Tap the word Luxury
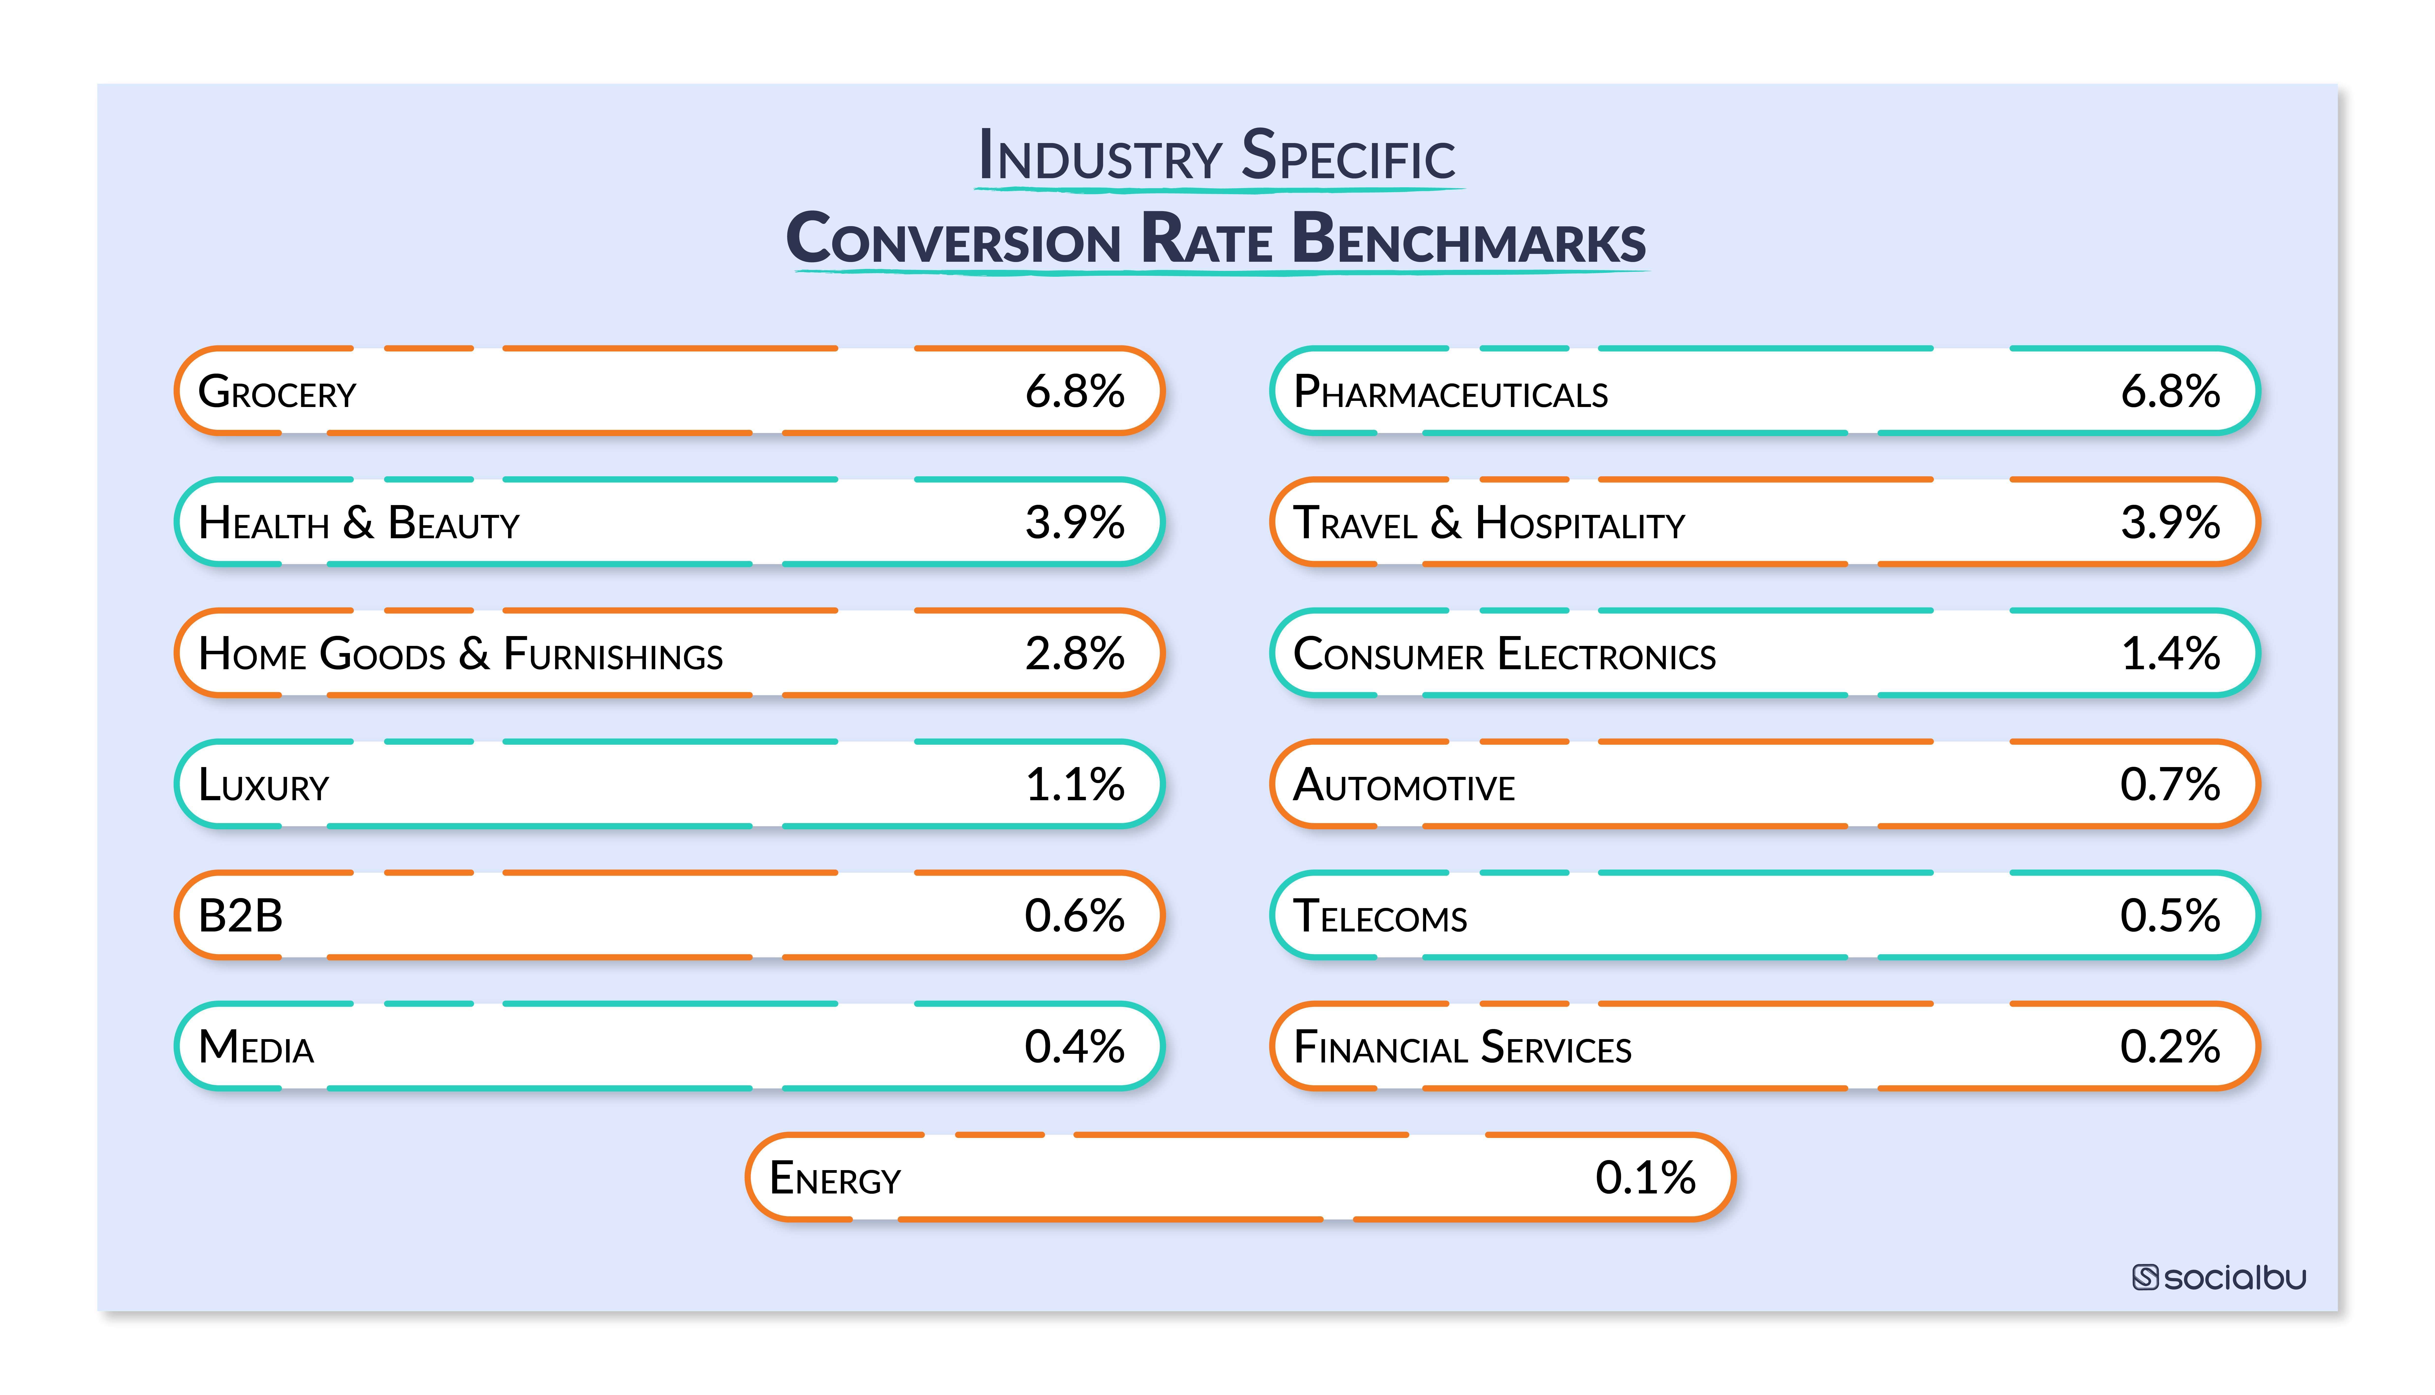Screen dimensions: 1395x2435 264,786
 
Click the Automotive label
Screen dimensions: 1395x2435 1404,786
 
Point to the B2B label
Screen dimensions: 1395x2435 240,916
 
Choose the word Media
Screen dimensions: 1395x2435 256,1047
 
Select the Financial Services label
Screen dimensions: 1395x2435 1462,1047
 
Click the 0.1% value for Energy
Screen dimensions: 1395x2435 1645,1177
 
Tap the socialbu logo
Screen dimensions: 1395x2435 2219,1277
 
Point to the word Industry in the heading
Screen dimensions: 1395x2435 1100,156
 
